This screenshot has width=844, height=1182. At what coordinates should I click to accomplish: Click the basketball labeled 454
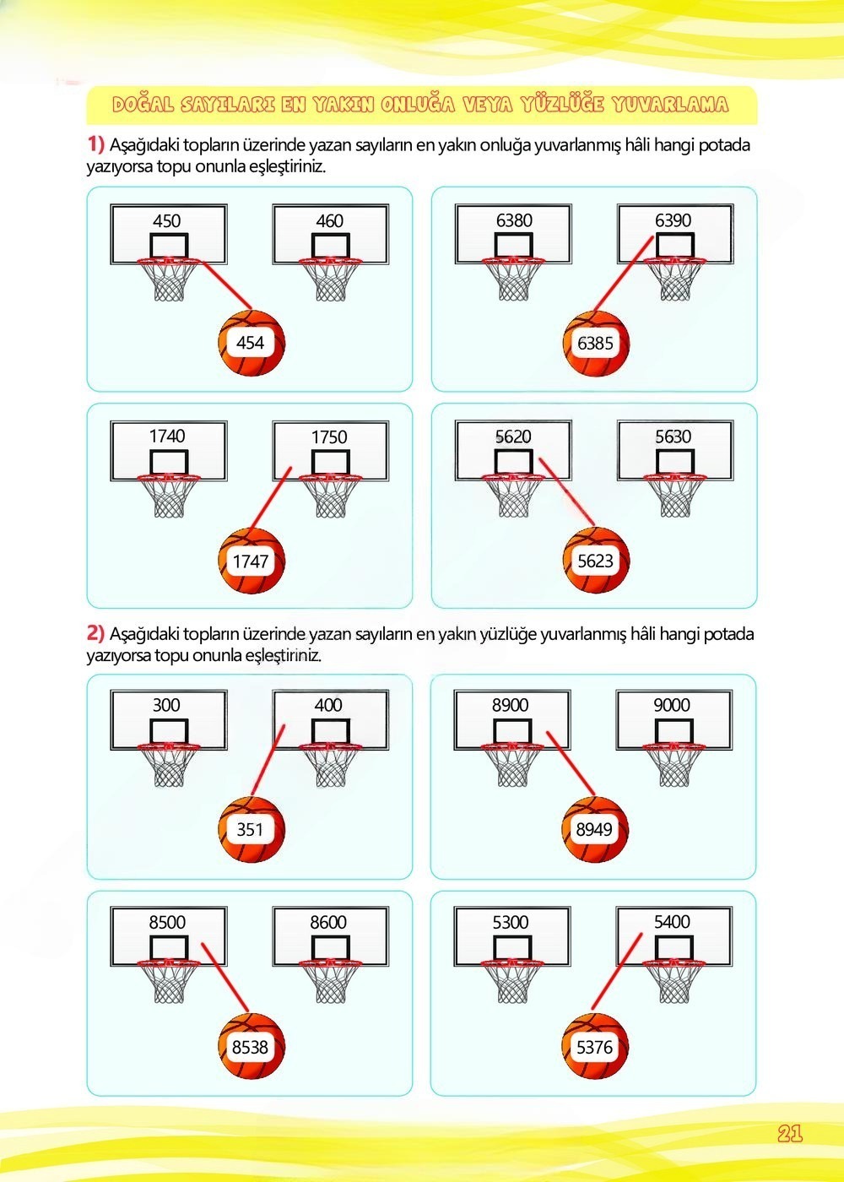click(x=252, y=343)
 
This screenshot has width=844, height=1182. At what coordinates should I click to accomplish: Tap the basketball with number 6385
click(x=597, y=343)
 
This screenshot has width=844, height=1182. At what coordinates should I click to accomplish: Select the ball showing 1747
click(x=252, y=561)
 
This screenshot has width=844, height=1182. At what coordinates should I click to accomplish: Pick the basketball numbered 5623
click(x=597, y=561)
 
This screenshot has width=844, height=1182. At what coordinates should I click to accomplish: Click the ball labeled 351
click(x=252, y=829)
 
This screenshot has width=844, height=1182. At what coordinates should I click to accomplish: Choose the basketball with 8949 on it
click(x=595, y=829)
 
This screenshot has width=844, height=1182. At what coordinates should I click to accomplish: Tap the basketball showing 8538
click(x=252, y=1046)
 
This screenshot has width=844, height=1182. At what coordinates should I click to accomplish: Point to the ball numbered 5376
click(x=595, y=1046)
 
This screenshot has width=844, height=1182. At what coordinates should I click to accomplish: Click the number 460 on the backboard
click(x=330, y=220)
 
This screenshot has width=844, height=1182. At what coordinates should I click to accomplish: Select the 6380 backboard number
click(x=514, y=220)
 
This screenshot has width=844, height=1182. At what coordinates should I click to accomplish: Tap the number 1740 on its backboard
click(x=167, y=436)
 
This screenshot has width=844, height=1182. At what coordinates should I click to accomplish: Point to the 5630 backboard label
click(x=674, y=436)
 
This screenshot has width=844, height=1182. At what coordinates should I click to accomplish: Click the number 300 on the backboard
click(x=167, y=704)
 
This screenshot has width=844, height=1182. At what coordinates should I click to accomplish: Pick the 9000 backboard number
click(x=672, y=704)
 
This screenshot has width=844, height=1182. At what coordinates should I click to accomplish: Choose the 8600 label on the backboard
click(x=328, y=922)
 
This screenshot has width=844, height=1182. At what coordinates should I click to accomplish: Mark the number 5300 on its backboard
click(x=511, y=922)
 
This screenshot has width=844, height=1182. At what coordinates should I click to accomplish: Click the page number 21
click(x=790, y=1133)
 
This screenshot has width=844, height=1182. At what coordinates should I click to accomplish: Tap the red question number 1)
click(x=96, y=144)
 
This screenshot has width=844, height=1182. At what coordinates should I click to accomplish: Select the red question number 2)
click(x=96, y=632)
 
